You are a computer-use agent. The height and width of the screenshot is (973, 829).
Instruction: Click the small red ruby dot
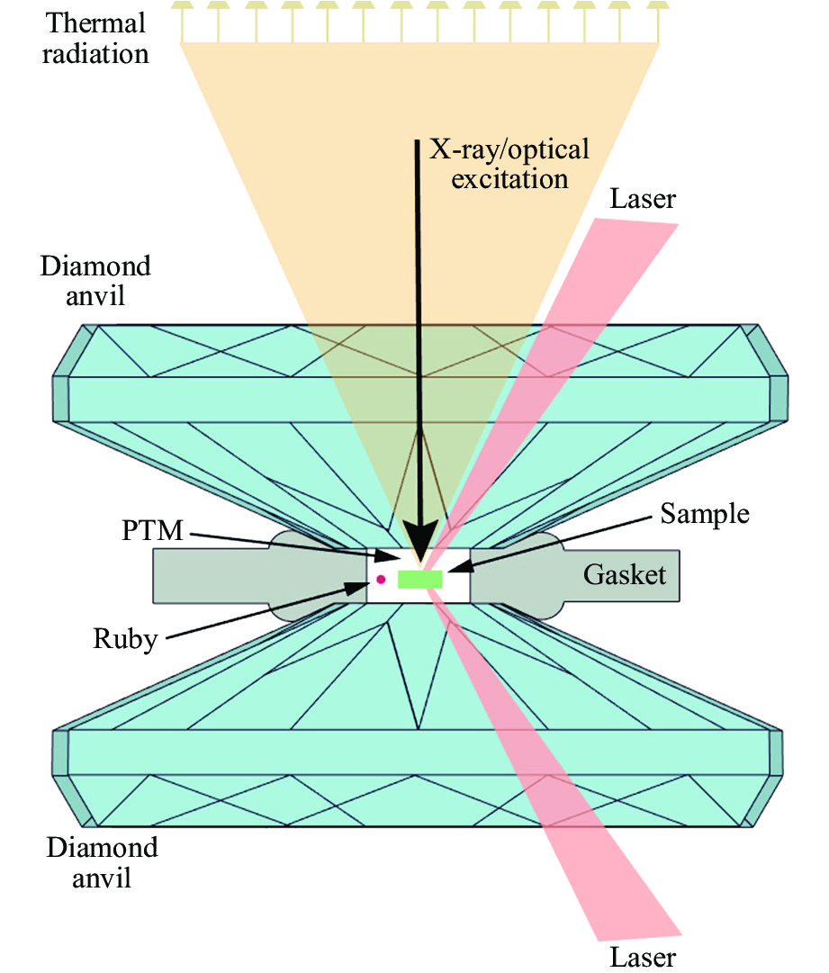[382, 579]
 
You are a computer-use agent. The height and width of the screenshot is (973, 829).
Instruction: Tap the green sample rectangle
[420, 579]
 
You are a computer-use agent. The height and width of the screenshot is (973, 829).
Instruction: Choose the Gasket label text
[625, 574]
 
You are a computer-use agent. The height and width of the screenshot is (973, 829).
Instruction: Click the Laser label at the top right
[643, 198]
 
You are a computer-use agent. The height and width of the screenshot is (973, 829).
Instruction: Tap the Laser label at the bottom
[643, 955]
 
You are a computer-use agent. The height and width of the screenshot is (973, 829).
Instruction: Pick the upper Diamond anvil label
[96, 280]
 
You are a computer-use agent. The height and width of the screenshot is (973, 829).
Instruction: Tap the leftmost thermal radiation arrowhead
[184, 6]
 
